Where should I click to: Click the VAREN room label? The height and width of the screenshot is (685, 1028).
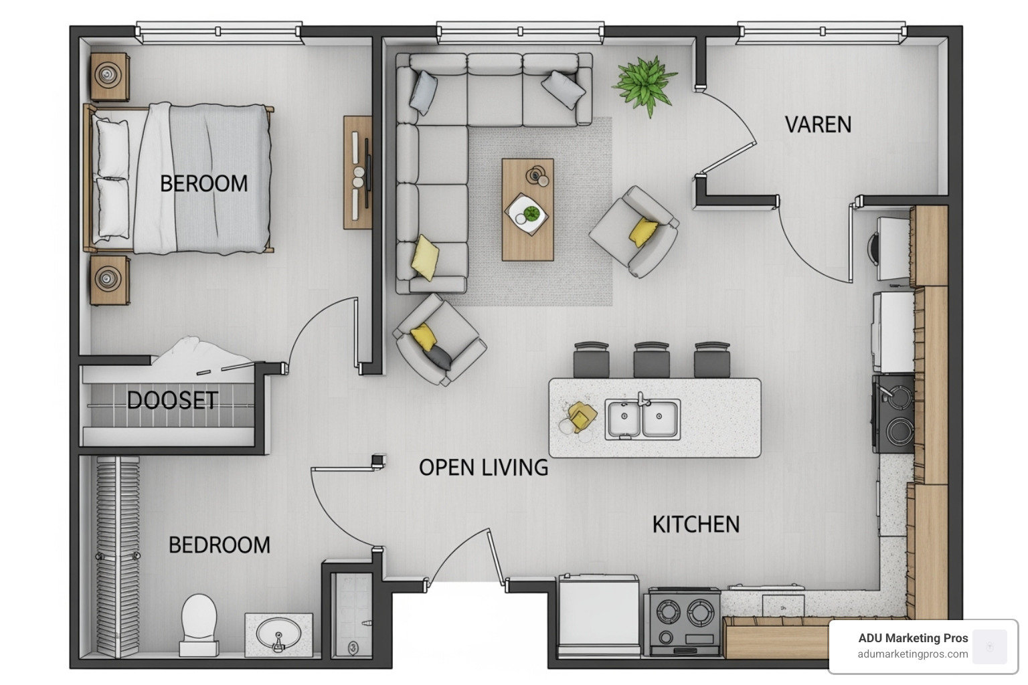pos(818,125)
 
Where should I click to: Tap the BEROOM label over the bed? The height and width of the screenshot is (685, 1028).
pos(203,183)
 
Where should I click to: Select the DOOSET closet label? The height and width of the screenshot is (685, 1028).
pos(172,401)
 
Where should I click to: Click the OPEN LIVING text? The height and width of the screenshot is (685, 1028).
pos(483,468)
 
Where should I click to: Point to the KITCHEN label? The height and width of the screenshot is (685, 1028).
pos(696,524)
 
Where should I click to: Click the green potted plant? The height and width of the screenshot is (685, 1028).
pos(645,86)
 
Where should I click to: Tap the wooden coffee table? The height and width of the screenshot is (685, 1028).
pos(528,209)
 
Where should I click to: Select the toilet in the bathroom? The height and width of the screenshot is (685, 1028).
pos(199,625)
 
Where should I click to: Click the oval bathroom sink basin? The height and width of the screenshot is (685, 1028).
pos(278,634)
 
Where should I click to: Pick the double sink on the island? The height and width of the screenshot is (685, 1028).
pos(642,419)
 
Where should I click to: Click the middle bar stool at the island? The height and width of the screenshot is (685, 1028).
pos(651,360)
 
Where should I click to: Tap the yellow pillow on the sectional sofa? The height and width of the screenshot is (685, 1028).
pos(425,258)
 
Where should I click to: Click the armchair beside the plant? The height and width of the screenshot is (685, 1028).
pos(634,231)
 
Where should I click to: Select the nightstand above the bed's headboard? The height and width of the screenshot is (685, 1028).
pos(110,77)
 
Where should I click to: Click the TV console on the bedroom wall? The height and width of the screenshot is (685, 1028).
pos(357,172)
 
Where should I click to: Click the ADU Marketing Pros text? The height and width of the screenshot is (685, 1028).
pos(914,638)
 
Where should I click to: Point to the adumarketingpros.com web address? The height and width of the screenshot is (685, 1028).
pos(913,654)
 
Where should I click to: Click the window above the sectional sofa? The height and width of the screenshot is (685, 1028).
pos(521,32)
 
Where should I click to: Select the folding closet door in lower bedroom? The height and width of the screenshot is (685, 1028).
pos(118,556)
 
